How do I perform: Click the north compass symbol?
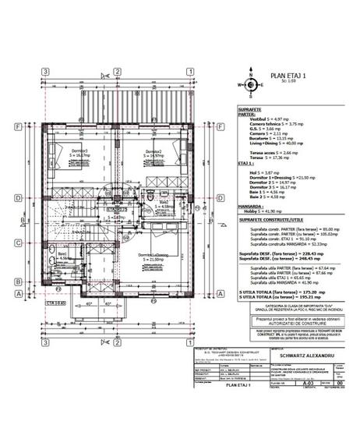(x=251, y=87)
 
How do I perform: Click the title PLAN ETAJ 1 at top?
(x=288, y=75)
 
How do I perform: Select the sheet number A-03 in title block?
(x=290, y=383)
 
